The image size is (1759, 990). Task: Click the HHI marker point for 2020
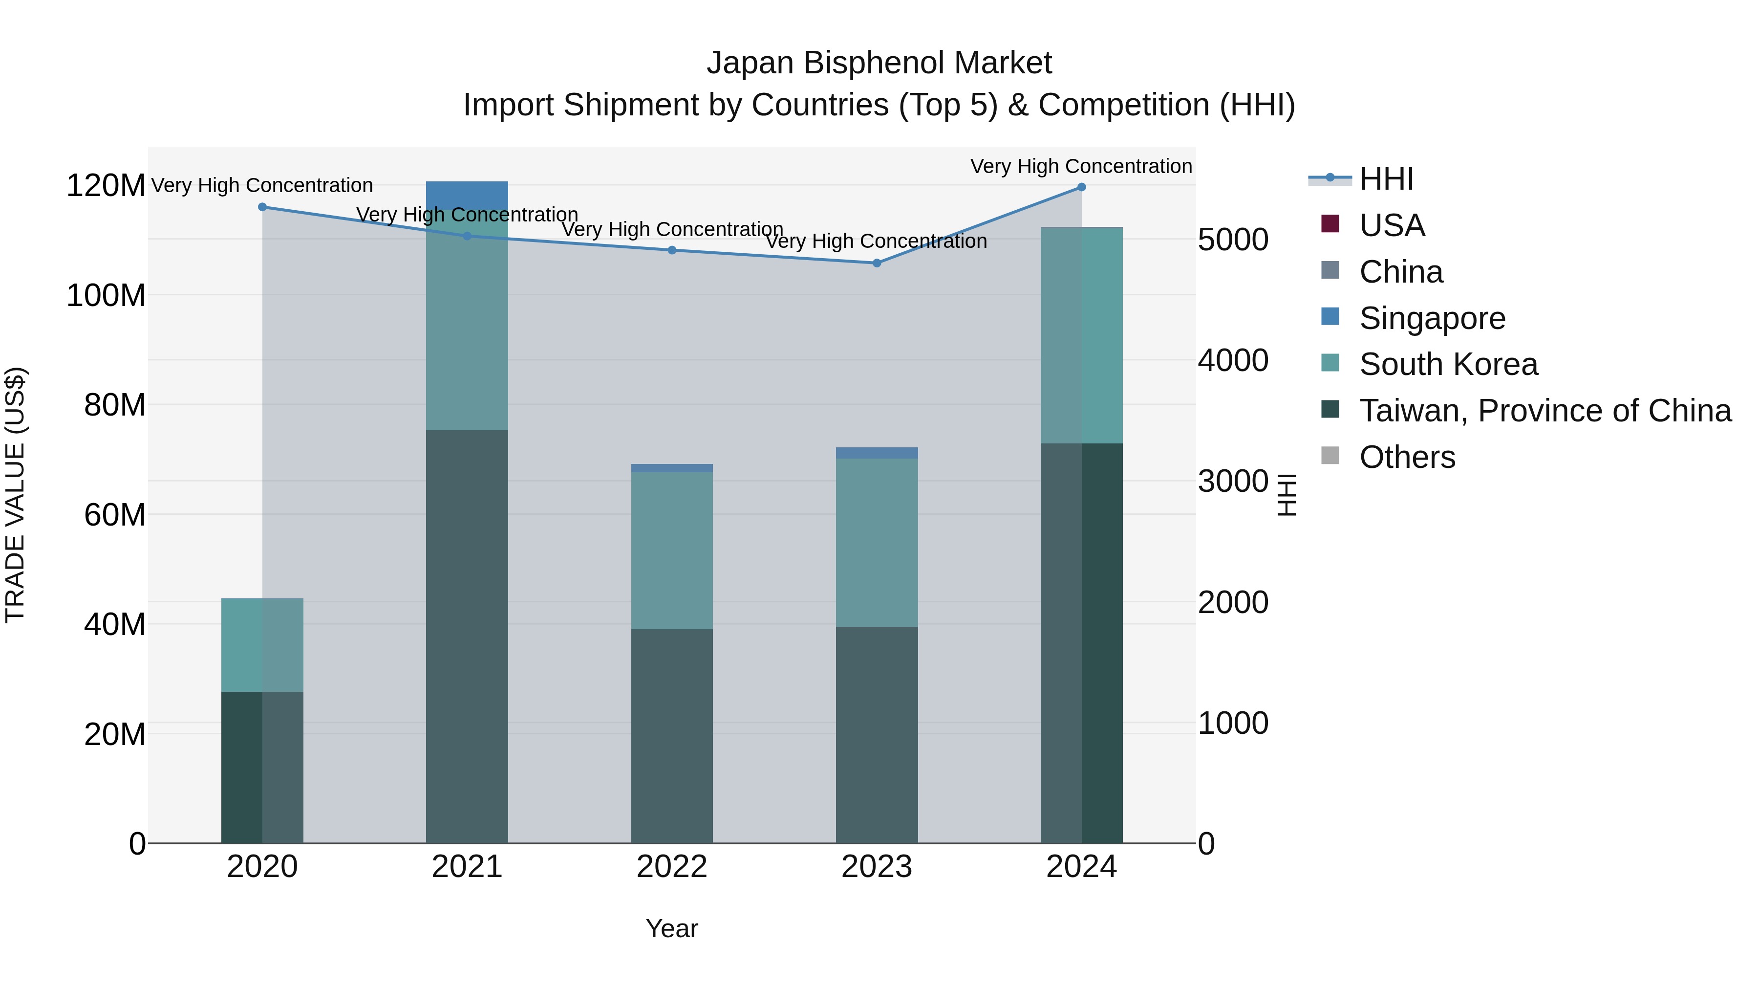tap(262, 207)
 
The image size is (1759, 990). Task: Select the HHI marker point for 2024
tap(1082, 187)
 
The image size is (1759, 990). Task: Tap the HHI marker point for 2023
tap(877, 263)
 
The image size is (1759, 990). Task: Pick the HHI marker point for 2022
tap(672, 250)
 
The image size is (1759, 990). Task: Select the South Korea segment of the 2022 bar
tap(672, 550)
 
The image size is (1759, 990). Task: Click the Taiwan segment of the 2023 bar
tap(877, 734)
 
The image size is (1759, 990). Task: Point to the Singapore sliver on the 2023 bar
tap(877, 453)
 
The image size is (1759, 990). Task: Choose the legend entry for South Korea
tap(1448, 364)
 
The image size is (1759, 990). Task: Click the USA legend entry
tap(1392, 225)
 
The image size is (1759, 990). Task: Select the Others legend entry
tap(1407, 457)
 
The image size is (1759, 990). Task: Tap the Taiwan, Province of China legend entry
tap(1544, 411)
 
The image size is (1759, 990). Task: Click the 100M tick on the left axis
tap(106, 296)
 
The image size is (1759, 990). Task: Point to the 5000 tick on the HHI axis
tap(1233, 240)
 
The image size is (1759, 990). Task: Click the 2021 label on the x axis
tap(467, 867)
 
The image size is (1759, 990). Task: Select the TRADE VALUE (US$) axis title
tap(15, 495)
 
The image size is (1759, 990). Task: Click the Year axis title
tap(672, 928)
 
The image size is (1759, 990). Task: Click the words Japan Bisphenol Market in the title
tap(879, 63)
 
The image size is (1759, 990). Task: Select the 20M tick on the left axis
tap(115, 734)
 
